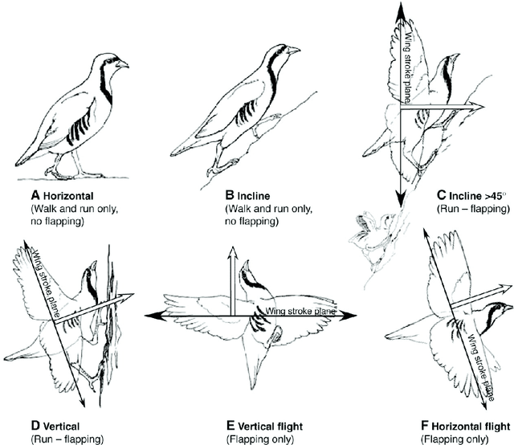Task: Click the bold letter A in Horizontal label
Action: (x=35, y=194)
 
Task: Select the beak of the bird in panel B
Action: (x=296, y=50)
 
